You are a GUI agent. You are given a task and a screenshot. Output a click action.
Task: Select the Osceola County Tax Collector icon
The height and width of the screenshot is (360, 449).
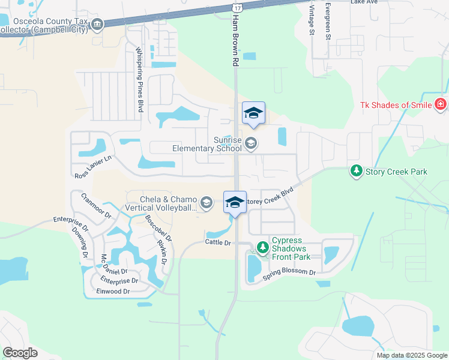point(97,24)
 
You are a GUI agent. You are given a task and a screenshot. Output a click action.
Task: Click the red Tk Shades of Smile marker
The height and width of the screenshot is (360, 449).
point(441,105)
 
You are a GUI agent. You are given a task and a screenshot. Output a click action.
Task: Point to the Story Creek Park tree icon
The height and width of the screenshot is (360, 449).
point(356,172)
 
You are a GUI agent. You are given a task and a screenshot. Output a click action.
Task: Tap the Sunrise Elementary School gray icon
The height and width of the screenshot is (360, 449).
point(251,143)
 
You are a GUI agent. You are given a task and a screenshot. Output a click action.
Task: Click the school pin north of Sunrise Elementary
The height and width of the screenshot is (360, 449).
point(253,113)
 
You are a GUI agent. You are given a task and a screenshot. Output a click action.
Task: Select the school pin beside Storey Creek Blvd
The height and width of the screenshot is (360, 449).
point(235,202)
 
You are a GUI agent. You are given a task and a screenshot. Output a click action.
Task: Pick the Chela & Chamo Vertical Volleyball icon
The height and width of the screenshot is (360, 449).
point(206,203)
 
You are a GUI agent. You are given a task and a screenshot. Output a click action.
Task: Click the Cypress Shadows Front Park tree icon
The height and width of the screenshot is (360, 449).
point(262,247)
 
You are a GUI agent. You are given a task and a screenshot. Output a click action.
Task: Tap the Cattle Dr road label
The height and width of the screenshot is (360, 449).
point(218,242)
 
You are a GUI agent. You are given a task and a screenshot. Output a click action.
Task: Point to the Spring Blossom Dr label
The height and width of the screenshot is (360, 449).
point(289,275)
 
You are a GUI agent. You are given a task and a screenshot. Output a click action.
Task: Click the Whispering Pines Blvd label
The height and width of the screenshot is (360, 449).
point(139,80)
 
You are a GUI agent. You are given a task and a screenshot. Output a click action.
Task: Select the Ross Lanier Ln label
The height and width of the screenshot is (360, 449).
point(93,167)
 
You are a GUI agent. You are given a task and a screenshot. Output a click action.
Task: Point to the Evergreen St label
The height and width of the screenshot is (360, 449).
point(328,21)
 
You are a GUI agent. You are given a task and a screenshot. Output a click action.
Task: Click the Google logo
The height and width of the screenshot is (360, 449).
point(20,352)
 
